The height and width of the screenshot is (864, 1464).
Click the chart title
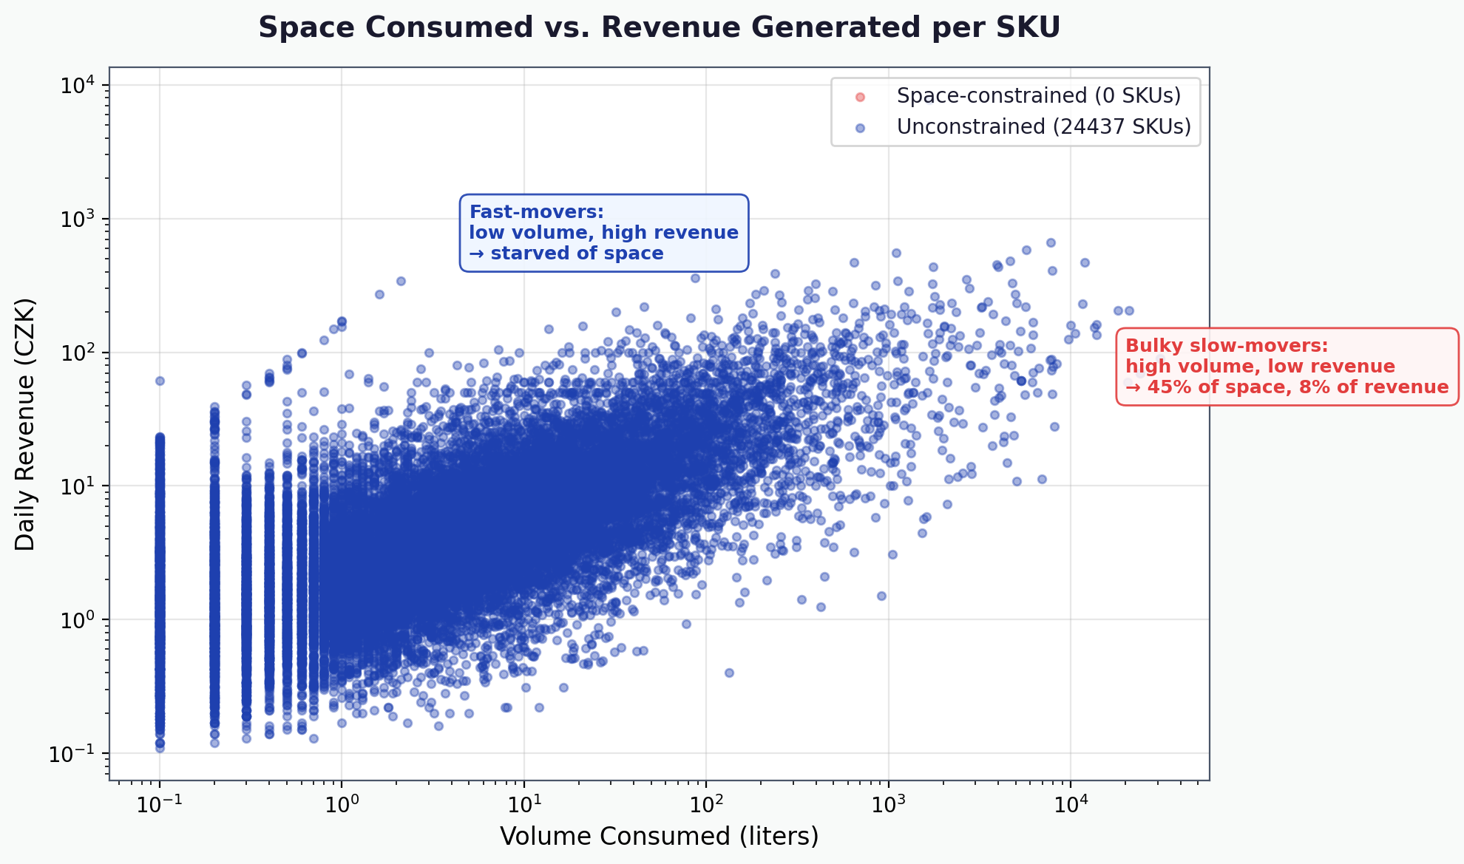pyautogui.click(x=659, y=28)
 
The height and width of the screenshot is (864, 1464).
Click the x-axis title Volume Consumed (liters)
pyautogui.click(x=659, y=836)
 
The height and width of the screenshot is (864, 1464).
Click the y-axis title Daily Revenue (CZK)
pyautogui.click(x=25, y=424)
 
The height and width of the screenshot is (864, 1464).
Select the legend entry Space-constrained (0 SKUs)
pyautogui.click(x=1038, y=96)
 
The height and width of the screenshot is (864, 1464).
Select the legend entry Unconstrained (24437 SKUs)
pyautogui.click(x=1043, y=127)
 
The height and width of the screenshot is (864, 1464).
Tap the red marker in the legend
pyautogui.click(x=859, y=97)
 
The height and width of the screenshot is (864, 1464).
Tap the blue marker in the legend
pyautogui.click(x=859, y=128)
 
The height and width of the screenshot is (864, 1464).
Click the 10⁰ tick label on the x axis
pyautogui.click(x=341, y=803)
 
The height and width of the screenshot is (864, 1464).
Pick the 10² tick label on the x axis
pyautogui.click(x=705, y=803)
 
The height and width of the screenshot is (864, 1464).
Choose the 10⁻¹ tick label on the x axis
pyautogui.click(x=158, y=803)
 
